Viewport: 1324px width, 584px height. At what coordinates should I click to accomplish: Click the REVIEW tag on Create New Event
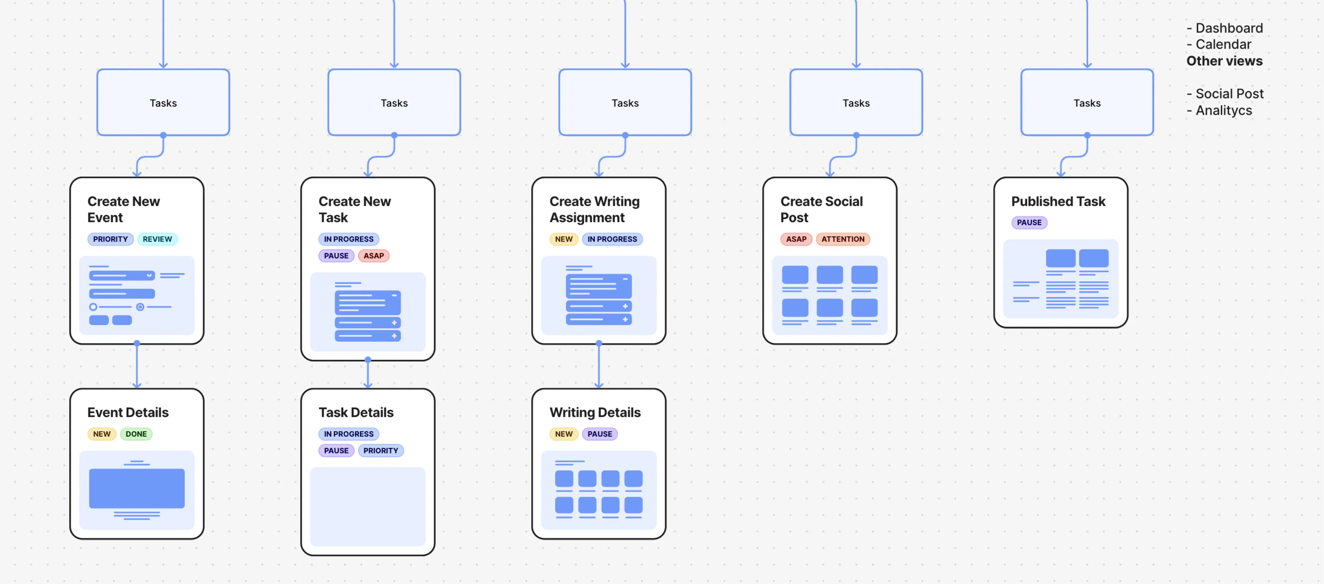[x=157, y=239]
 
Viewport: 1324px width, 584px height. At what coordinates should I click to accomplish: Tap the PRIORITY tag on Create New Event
[x=110, y=239]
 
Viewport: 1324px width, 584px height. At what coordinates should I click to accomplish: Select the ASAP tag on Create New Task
[x=374, y=255]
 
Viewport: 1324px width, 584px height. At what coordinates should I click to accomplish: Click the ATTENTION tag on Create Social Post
[x=842, y=239]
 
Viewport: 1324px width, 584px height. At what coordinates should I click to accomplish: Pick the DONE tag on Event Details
[x=136, y=434]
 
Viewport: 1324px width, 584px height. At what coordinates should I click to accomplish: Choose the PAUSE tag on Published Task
[x=1029, y=222]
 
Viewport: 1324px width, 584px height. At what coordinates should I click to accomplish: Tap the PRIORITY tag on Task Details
[x=380, y=450]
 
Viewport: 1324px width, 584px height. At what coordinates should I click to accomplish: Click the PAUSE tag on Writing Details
[x=599, y=434]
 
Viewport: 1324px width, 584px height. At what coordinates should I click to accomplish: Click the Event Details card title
[x=128, y=412]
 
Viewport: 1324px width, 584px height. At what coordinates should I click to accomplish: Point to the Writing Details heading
[x=595, y=412]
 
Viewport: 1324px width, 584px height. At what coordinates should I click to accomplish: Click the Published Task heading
[x=1058, y=202]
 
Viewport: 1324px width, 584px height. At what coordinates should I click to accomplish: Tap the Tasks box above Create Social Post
[x=856, y=103]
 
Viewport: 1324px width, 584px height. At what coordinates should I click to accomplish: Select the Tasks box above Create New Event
[x=163, y=103]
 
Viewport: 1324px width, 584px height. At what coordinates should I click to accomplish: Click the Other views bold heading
[x=1224, y=61]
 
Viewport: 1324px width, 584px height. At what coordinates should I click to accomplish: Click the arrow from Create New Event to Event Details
[x=137, y=366]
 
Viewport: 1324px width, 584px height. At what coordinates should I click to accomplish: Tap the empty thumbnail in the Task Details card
[x=368, y=506]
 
